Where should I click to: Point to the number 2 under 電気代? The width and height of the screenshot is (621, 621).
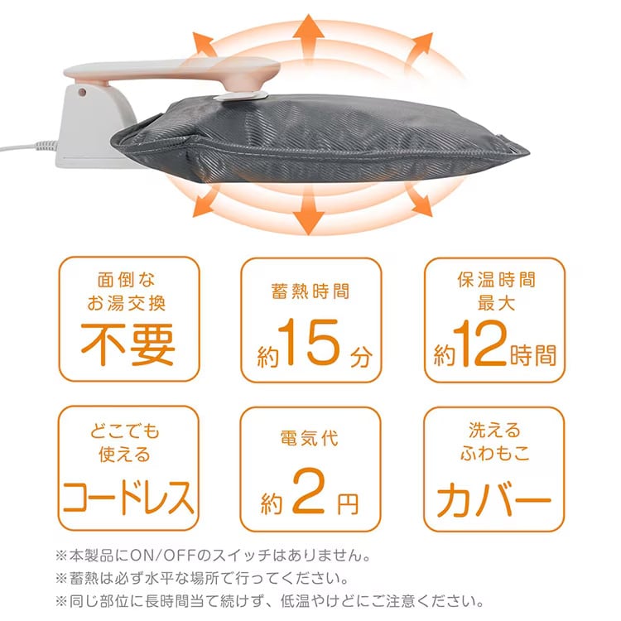click(x=310, y=499)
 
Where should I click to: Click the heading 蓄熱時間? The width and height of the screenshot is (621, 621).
click(x=310, y=292)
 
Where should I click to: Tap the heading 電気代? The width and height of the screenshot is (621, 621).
click(x=310, y=437)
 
